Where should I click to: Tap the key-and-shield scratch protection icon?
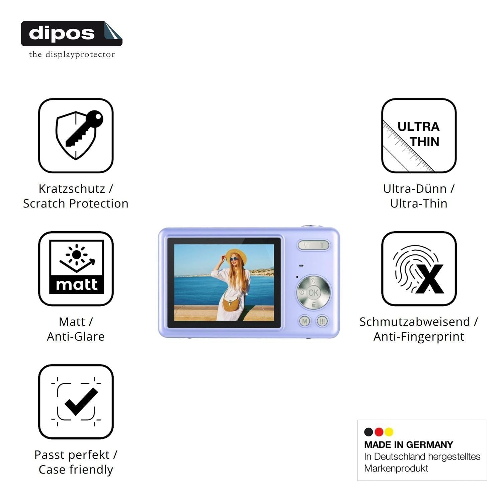pos(76,136)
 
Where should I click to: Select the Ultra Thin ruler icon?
pos(419,136)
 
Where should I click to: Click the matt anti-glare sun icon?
pos(76,268)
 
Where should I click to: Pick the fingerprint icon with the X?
pos(419,268)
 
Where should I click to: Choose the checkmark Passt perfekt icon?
pos(76,402)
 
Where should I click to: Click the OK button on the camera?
pos(313,293)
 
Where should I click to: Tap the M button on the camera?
pos(305,321)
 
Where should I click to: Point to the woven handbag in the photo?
pos(231,304)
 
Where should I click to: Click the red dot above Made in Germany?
pos(379,432)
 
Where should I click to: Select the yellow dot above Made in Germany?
pos(389,432)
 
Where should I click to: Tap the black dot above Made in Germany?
pos(368,432)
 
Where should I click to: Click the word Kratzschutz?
pos(72,189)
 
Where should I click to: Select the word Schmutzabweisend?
pos(415,322)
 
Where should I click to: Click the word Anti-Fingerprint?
pos(419,337)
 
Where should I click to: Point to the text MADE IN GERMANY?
pos(409,445)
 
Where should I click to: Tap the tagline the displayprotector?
pos(72,54)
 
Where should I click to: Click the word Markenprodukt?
pos(396,468)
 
